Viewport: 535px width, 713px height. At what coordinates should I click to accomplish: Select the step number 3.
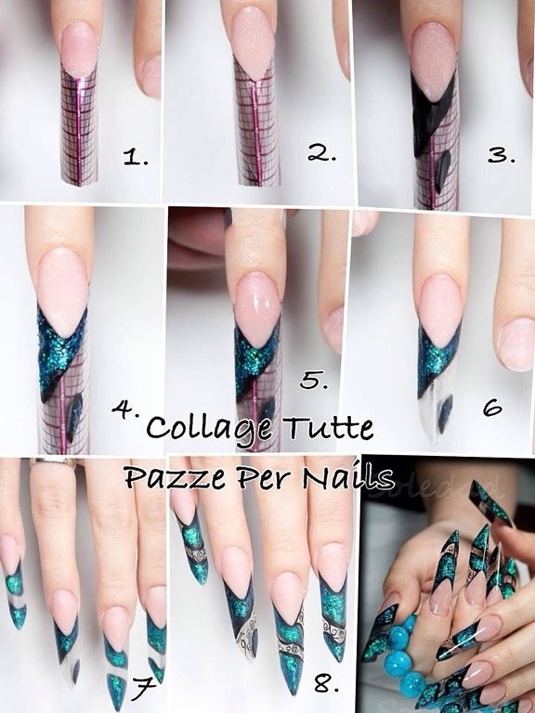click(502, 155)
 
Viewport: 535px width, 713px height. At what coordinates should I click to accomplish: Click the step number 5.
click(314, 380)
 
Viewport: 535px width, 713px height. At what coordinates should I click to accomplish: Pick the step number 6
click(492, 407)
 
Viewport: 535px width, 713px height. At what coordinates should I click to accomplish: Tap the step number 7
click(144, 688)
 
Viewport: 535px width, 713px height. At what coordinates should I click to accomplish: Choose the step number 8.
click(325, 684)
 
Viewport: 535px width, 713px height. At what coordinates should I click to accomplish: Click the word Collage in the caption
click(210, 428)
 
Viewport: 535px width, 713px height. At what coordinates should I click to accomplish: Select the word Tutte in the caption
click(328, 427)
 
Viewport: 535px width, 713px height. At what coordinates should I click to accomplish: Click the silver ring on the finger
click(53, 462)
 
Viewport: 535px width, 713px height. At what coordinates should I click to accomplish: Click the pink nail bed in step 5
click(258, 309)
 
